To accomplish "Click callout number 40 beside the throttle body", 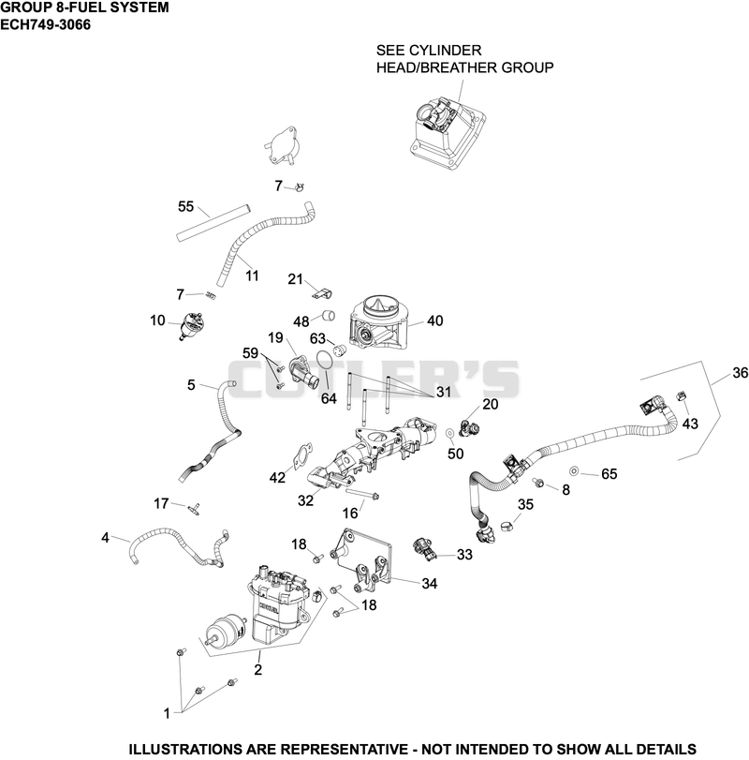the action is click(434, 320).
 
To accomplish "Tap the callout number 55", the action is click(186, 207).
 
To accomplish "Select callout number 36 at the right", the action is click(741, 373).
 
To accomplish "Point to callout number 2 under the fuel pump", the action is click(258, 669).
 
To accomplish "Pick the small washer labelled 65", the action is click(574, 470).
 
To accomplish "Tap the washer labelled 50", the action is click(449, 432).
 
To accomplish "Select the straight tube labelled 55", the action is click(213, 223).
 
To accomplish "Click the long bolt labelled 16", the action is click(362, 494).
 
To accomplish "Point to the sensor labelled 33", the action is click(425, 548).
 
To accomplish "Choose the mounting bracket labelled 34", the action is click(361, 559).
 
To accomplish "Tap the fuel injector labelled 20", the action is click(469, 425).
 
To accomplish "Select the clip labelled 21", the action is click(321, 293).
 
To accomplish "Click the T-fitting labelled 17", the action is click(195, 508).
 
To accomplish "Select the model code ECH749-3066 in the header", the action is click(45, 24).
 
